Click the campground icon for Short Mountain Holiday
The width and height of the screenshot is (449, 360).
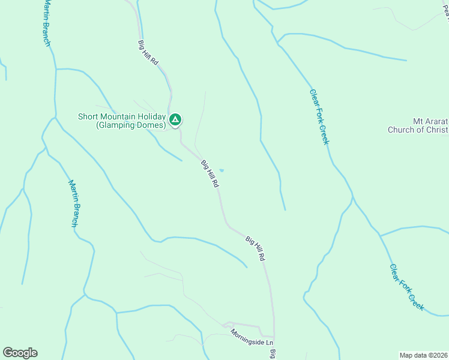pos(175,120)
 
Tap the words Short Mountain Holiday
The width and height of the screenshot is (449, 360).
pos(122,116)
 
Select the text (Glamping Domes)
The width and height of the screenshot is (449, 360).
pos(131,125)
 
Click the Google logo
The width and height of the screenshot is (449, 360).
pos(20,353)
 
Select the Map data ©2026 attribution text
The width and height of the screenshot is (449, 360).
pos(424,355)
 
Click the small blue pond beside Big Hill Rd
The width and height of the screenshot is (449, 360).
pos(221,170)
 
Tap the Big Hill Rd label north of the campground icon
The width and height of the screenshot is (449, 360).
pos(148,53)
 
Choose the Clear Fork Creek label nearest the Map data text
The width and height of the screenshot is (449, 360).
pos(406,287)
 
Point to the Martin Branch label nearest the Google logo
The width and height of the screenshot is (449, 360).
pos(73,203)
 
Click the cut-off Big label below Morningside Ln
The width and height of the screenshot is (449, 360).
pos(272,354)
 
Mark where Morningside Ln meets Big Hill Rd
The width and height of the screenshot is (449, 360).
pos(274,337)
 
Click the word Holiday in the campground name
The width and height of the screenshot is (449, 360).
pos(150,116)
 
